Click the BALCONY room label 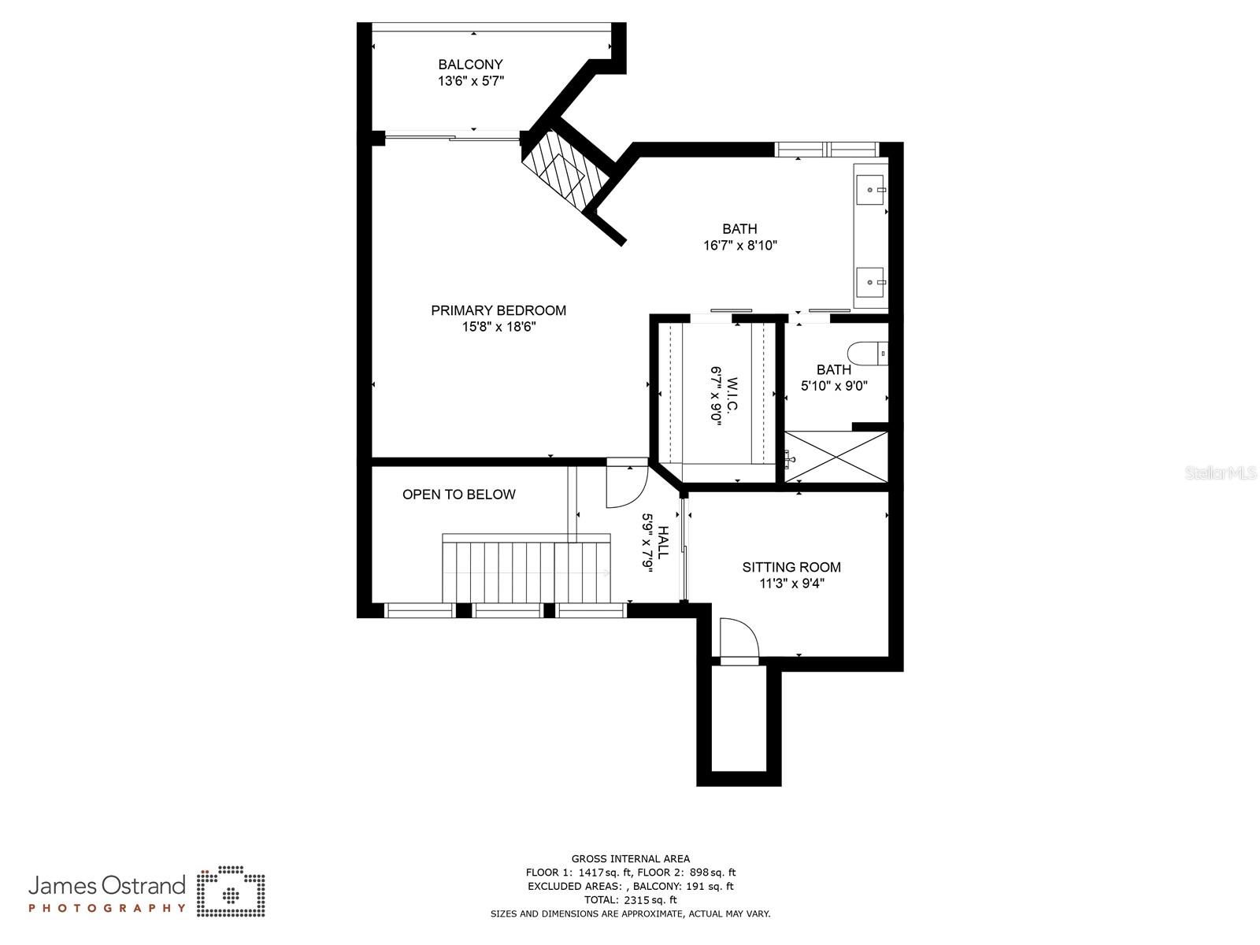(470, 65)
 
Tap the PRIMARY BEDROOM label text (498, 310)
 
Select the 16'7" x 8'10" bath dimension (739, 246)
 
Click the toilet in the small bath (869, 354)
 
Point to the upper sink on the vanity (870, 190)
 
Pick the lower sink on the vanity (870, 281)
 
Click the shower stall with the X (837, 457)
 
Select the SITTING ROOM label (791, 567)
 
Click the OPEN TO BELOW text (458, 495)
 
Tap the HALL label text (663, 543)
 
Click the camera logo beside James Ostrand (231, 891)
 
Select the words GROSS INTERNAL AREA (630, 859)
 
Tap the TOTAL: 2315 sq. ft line (630, 900)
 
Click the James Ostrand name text (107, 886)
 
